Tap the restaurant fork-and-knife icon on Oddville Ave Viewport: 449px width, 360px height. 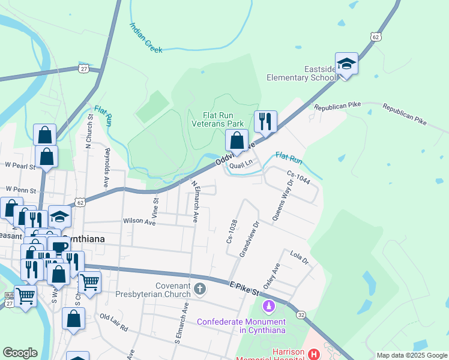265,122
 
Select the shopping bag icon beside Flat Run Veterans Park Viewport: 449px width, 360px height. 237,141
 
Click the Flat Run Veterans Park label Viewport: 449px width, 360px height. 217,119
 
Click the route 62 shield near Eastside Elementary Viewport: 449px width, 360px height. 375,37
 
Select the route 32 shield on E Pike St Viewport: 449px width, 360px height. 300,314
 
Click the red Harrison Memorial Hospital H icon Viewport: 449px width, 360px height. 313,355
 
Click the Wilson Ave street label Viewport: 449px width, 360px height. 139,222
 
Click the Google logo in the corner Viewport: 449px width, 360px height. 20,353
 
